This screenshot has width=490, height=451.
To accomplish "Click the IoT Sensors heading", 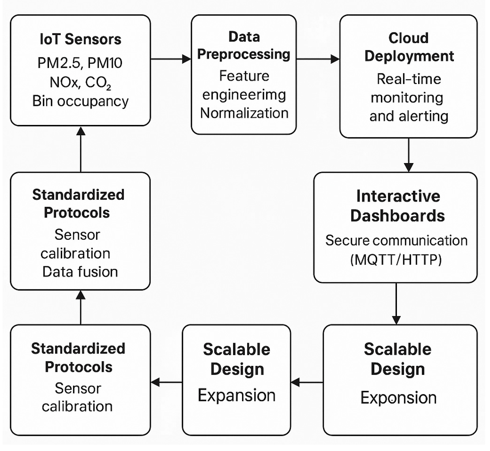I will [x=80, y=39].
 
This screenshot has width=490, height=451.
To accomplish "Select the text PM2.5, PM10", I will [x=80, y=63].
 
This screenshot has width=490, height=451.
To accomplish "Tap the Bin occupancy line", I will [x=80, y=101].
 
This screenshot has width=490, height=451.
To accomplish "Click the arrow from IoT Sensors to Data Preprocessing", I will [x=171, y=59].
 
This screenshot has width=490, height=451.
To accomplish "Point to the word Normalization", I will [x=244, y=113].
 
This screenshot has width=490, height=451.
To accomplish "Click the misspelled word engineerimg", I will [x=244, y=95].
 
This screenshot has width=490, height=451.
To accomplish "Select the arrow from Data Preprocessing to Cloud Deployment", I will [x=318, y=59].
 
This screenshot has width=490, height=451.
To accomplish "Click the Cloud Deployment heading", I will [x=409, y=47].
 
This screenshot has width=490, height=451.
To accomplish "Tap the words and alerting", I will [x=409, y=116].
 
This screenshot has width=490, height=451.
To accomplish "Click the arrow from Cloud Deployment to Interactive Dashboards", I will [x=408, y=155].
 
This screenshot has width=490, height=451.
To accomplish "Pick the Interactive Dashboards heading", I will [x=397, y=206].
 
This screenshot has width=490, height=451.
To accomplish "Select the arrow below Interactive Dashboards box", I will [x=396, y=304].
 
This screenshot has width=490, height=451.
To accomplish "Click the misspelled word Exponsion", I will [x=398, y=398].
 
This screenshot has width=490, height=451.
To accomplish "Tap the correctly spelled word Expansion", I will [x=237, y=395].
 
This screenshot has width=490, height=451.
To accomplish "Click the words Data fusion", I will [x=80, y=272].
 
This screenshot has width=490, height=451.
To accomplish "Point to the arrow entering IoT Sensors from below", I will [x=81, y=149].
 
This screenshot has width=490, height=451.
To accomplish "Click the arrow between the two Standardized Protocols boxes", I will [x=81, y=307].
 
